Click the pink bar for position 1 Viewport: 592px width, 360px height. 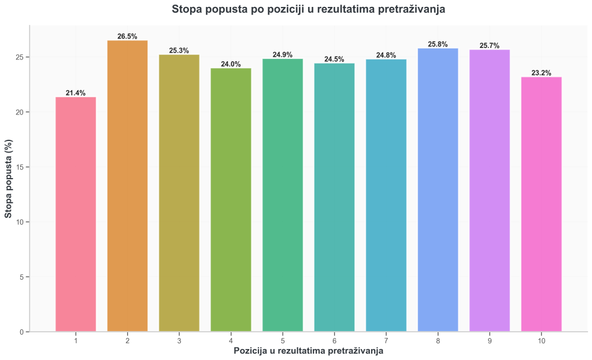pos(76,214)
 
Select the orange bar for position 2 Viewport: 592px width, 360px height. pos(127,185)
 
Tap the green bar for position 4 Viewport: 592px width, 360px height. pos(231,199)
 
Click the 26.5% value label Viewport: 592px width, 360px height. pos(127,36)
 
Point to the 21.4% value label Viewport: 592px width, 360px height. pos(76,93)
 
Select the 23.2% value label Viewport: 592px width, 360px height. pos(541,73)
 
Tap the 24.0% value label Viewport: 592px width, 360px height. pos(231,64)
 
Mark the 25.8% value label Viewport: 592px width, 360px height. pos(438,44)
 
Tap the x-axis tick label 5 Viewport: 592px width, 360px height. pos(283,341)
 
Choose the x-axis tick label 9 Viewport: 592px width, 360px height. pos(490,341)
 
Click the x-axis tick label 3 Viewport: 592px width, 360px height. pos(179,341)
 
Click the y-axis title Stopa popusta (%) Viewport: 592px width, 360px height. pos(8,179)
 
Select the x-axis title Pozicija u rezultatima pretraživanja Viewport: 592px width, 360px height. pos(308,351)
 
